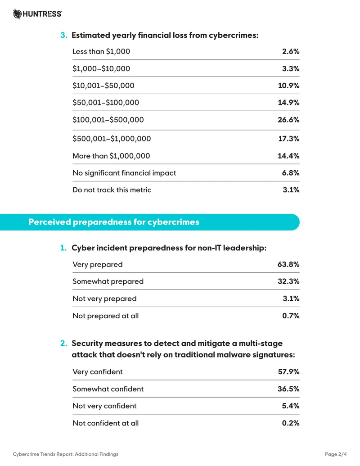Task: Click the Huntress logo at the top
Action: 37,14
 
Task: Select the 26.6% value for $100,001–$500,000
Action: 288,120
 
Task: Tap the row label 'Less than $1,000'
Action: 101,51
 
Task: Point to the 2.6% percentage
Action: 291,51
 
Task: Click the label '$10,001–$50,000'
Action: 103,86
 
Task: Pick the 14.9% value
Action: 288,103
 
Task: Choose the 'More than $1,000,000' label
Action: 111,156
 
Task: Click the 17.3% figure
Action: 289,139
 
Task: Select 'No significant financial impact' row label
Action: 124,173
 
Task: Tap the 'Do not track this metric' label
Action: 112,190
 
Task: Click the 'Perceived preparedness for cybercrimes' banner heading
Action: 114,222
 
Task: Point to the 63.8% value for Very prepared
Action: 288,264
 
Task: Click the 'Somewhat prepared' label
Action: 108,281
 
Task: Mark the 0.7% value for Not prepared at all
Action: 291,316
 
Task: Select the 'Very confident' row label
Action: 98,372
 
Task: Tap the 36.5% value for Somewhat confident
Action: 288,389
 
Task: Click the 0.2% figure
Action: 291,423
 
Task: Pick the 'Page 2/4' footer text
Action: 336,454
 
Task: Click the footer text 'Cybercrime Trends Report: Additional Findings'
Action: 65,454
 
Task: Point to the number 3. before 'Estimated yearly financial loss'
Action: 63,35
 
